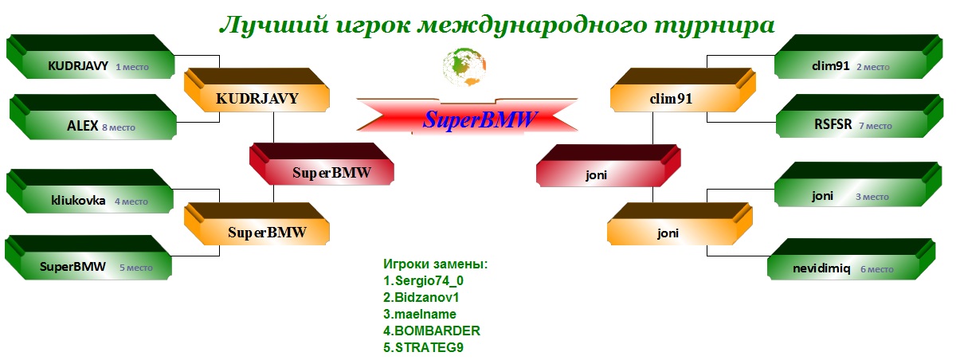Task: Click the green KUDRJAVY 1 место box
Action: tap(91, 57)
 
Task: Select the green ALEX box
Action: tap(93, 117)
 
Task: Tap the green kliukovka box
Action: tap(90, 191)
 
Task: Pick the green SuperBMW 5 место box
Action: tap(88, 257)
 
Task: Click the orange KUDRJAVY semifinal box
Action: tap(257, 90)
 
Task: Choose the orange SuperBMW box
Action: tap(257, 224)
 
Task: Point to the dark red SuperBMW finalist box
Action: tap(321, 164)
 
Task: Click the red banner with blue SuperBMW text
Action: tap(467, 116)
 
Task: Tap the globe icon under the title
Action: tap(464, 67)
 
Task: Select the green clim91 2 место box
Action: tap(858, 57)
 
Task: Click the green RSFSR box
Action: tap(860, 116)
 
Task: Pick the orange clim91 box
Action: tap(683, 90)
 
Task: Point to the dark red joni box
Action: tap(608, 166)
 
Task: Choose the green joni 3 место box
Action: tap(858, 184)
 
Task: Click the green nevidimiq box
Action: tap(852, 259)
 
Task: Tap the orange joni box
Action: tap(680, 224)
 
